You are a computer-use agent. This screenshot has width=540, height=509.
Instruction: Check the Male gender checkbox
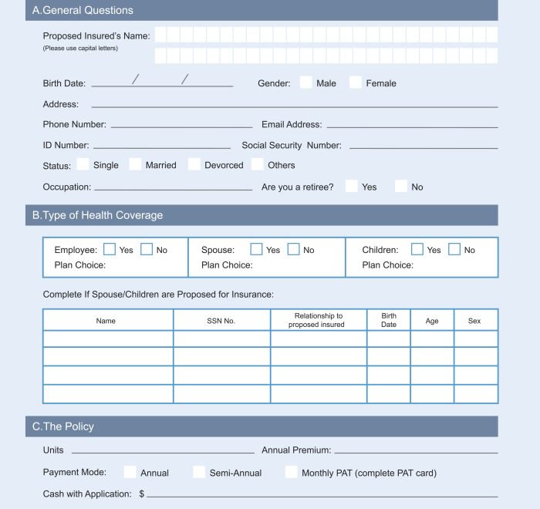(x=306, y=83)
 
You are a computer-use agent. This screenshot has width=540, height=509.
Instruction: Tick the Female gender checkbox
(x=356, y=83)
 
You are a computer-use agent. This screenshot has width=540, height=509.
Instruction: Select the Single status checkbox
(x=83, y=164)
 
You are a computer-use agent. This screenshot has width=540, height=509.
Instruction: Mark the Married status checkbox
(x=135, y=164)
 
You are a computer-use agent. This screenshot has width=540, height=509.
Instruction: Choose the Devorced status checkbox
(x=194, y=164)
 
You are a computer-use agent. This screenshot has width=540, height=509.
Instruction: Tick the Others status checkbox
(x=258, y=164)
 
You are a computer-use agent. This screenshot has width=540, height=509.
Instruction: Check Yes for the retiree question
(x=352, y=186)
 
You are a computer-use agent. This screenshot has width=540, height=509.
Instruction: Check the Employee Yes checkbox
(x=110, y=249)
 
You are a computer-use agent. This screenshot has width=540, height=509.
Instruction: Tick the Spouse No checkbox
(x=294, y=249)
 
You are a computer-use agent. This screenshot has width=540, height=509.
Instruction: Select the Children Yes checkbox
(x=417, y=249)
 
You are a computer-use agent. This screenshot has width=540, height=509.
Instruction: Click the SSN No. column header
(x=221, y=321)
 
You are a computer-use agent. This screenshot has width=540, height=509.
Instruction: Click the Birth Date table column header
(x=389, y=320)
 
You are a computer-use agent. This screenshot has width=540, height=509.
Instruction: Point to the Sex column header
(x=474, y=321)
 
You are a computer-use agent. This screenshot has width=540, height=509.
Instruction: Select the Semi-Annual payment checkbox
(x=199, y=472)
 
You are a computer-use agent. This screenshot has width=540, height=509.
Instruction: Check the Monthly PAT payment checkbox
(x=291, y=472)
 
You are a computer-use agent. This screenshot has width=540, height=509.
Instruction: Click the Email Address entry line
(x=410, y=126)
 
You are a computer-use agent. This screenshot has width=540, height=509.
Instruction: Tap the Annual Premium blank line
(x=416, y=452)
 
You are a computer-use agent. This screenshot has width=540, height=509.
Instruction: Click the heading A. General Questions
(x=83, y=11)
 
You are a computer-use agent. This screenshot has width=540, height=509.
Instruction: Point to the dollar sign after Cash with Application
(x=142, y=494)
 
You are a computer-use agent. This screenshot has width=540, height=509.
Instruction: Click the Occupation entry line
(x=173, y=189)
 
